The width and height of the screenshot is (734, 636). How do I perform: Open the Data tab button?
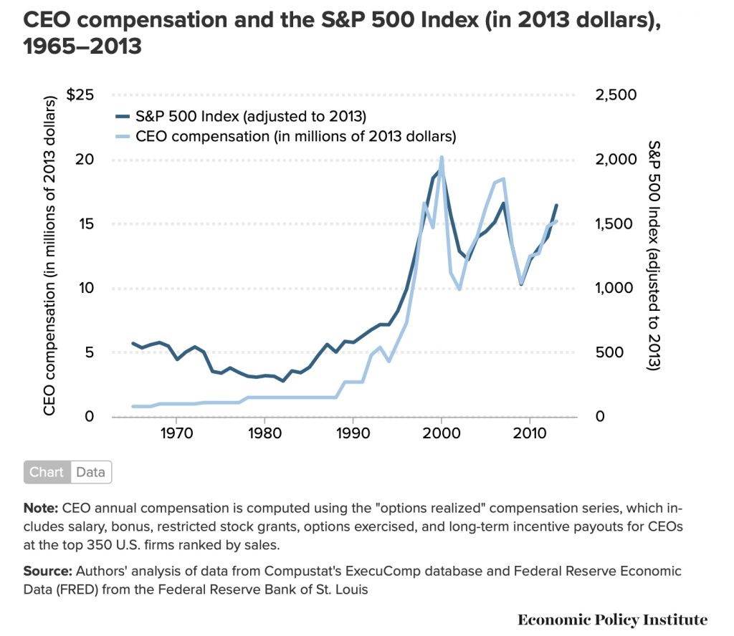[91, 473]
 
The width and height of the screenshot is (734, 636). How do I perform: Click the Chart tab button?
[47, 473]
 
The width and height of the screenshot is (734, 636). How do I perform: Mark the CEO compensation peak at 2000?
[442, 157]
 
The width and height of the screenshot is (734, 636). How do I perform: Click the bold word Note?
[40, 509]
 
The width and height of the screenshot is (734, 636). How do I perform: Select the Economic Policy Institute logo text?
[612, 620]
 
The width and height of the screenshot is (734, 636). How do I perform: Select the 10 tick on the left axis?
[87, 289]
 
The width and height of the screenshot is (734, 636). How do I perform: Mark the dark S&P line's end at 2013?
[556, 206]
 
